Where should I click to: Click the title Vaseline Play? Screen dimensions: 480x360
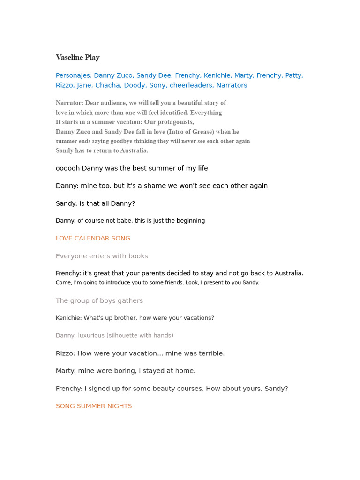coord(77,58)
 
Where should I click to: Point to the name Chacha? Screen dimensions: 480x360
coord(107,85)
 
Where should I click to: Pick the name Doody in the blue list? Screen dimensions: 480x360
coord(135,85)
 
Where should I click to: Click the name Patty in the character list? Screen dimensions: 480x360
coord(293,75)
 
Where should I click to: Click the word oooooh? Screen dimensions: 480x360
coord(67,168)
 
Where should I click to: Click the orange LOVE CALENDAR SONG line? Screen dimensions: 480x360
coord(93,239)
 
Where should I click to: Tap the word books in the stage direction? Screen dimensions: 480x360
coord(138,256)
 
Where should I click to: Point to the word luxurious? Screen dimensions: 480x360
coord(91,336)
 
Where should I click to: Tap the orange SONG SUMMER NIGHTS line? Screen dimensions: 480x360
coord(94,406)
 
